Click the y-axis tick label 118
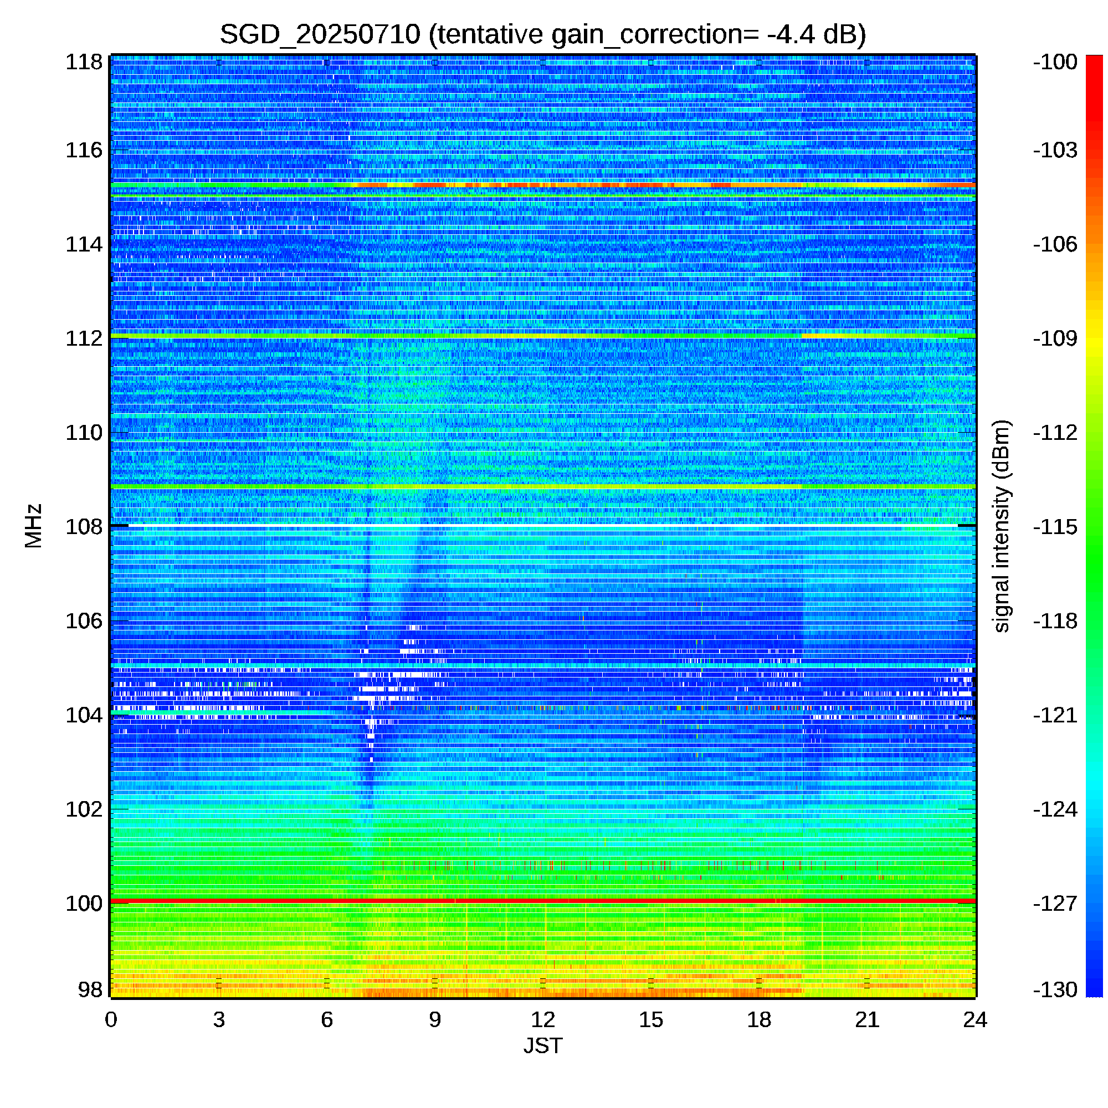[x=84, y=62]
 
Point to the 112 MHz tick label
[x=84, y=338]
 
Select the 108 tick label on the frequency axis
[x=84, y=526]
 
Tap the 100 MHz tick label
[x=84, y=903]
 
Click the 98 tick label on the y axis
[x=90, y=989]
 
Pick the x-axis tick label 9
[x=435, y=1020]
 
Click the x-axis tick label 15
[x=651, y=1020]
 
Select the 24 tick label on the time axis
[x=975, y=1020]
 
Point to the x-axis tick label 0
[x=111, y=1020]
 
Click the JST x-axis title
[x=543, y=1046]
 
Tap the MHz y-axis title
[x=33, y=526]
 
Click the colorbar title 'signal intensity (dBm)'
[x=1001, y=526]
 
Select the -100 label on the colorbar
[x=1055, y=62]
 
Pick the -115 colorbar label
[x=1055, y=526]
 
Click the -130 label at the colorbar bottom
[x=1055, y=989]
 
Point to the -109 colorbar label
[x=1055, y=338]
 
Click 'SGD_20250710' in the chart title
[x=320, y=34]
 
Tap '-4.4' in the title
[x=791, y=34]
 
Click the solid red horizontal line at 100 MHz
[x=543, y=901]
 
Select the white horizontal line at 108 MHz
[x=543, y=525]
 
